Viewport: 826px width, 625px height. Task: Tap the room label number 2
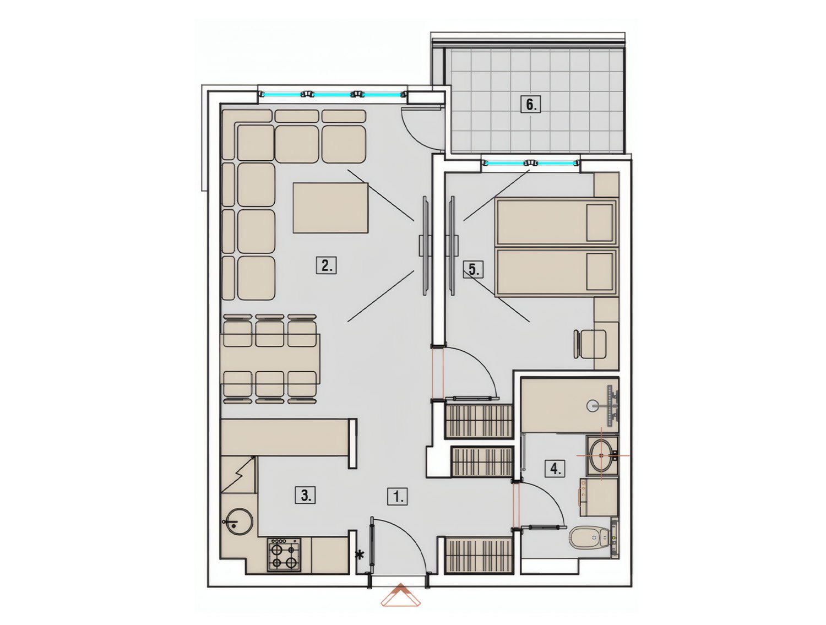point(326,265)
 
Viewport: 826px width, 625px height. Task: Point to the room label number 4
point(555,469)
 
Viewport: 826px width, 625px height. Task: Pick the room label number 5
point(473,269)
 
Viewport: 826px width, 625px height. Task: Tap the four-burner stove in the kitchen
point(284,555)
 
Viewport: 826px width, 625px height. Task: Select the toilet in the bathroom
point(590,537)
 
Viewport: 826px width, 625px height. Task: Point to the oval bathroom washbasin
point(601,456)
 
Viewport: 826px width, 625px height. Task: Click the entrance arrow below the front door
point(400,595)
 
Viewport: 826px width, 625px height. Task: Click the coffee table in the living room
point(330,208)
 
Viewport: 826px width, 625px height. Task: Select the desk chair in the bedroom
point(589,344)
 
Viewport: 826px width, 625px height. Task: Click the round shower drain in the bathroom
point(593,405)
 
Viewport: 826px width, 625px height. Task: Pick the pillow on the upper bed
point(599,222)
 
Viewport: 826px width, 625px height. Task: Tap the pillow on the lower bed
point(599,271)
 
